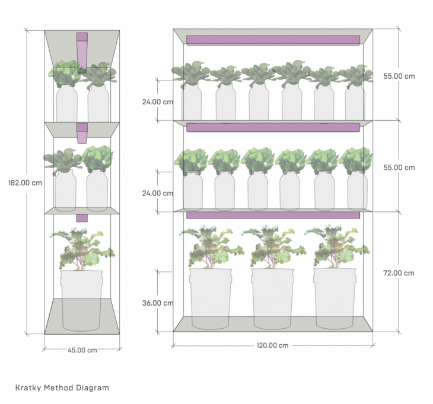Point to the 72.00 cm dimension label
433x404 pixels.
click(399, 273)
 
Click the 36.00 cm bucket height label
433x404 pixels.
click(158, 303)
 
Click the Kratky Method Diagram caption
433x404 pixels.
click(62, 388)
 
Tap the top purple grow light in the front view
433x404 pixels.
click(273, 40)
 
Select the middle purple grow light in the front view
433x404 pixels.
click(273, 127)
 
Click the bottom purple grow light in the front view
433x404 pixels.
click(273, 214)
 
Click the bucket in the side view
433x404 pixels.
click(81, 300)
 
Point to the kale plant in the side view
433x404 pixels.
click(82, 249)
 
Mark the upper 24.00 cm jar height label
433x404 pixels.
click(158, 101)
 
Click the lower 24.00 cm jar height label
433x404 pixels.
click(158, 193)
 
